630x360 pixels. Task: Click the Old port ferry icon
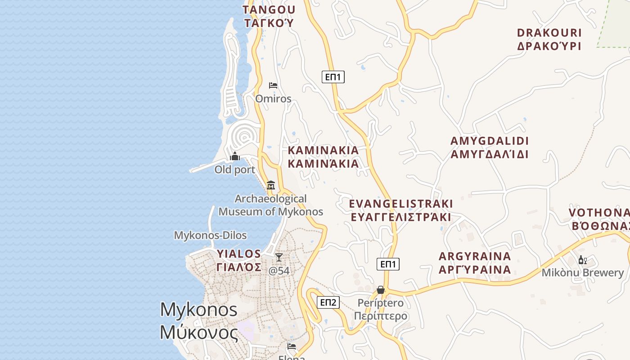click(235, 157)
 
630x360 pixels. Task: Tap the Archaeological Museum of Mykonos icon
click(271, 185)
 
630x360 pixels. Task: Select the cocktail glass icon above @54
click(279, 257)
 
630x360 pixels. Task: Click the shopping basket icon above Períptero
click(381, 290)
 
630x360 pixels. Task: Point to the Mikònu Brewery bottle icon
click(582, 260)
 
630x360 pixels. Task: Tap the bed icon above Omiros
click(273, 85)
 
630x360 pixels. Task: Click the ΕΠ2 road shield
click(328, 302)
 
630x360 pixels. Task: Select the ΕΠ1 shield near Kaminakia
click(333, 77)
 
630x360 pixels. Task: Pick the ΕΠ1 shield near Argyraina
click(388, 264)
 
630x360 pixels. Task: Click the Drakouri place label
click(549, 39)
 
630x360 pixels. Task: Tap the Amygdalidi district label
click(490, 148)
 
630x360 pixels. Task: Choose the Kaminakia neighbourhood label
click(323, 157)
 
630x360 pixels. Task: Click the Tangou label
click(269, 16)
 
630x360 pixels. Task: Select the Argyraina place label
click(475, 263)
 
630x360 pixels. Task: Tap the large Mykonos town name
click(199, 321)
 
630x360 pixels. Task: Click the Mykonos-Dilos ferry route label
click(210, 235)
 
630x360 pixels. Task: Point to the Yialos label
click(239, 260)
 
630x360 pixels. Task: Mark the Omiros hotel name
click(273, 99)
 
